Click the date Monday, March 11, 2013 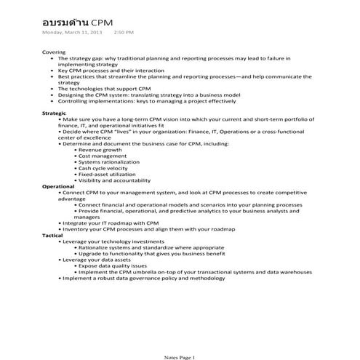coord(72,33)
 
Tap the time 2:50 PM coord(124,33)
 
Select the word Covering coord(54,52)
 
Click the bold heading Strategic coord(55,113)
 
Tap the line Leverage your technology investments coord(113,241)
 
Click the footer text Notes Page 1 coord(180,356)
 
